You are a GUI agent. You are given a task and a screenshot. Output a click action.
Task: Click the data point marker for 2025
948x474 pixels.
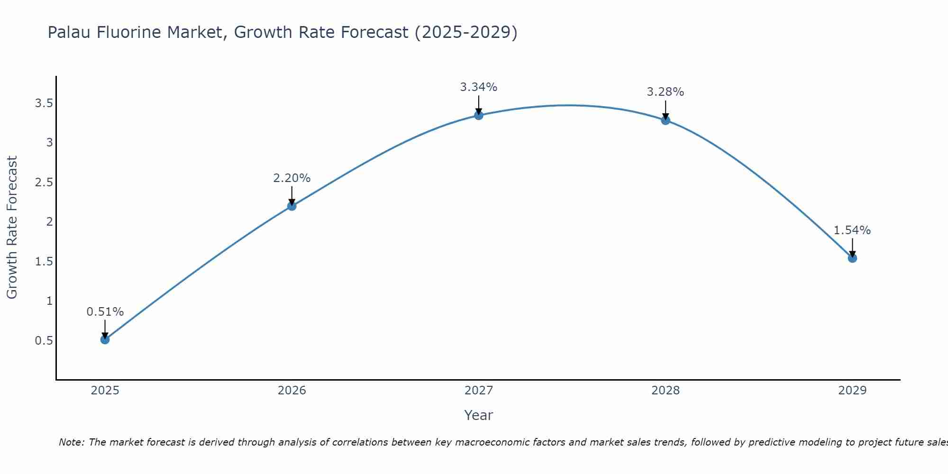(x=105, y=339)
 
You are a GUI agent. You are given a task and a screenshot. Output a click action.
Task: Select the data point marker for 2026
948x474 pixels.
(x=292, y=206)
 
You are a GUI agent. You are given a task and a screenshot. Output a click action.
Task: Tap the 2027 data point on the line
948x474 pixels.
(x=479, y=115)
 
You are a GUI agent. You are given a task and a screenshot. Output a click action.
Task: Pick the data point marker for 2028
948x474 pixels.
(x=665, y=120)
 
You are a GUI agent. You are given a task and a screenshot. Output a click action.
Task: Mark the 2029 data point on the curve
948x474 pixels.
(x=852, y=258)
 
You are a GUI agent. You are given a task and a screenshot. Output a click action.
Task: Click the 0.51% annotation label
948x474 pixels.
(x=105, y=312)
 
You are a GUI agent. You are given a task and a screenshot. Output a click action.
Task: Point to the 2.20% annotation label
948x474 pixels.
(x=292, y=178)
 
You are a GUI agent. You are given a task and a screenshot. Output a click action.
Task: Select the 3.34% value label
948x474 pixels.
(x=479, y=87)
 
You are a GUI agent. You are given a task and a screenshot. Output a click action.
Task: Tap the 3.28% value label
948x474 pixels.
(x=665, y=92)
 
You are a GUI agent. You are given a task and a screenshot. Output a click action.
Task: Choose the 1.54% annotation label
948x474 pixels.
(x=852, y=230)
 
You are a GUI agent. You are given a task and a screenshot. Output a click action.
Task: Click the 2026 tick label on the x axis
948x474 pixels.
(x=292, y=391)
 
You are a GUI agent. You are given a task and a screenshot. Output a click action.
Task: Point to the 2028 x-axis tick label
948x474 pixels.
(x=665, y=391)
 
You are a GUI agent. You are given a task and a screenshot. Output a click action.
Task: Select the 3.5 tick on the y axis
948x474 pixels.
(x=44, y=103)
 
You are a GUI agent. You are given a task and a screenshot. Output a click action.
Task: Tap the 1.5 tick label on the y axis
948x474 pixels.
(x=44, y=262)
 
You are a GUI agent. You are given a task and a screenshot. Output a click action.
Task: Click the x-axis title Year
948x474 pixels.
(x=479, y=415)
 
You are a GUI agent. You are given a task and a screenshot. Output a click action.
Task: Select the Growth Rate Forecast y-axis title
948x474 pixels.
(x=12, y=228)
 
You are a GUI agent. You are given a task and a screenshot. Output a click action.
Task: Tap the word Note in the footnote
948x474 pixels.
(x=71, y=442)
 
